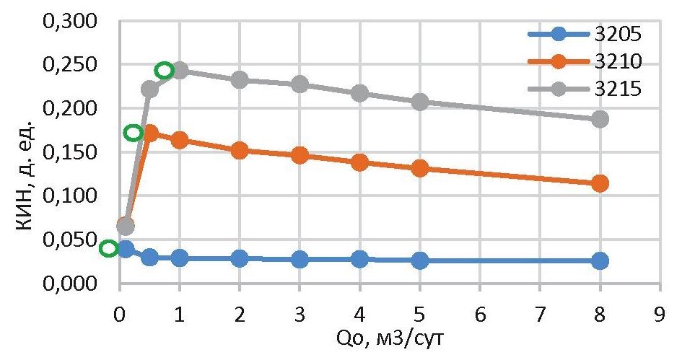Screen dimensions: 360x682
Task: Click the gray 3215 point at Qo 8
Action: (599, 119)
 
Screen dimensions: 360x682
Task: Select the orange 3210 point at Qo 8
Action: (599, 183)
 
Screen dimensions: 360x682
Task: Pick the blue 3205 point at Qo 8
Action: (599, 260)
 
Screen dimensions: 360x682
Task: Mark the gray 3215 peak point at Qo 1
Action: (180, 71)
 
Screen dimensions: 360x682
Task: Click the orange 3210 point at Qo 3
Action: (300, 155)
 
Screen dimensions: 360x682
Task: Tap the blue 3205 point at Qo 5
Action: (419, 260)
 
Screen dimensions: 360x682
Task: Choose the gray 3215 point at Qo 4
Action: (359, 93)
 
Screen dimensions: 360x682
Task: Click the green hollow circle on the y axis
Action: (109, 248)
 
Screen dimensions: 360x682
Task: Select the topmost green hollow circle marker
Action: (165, 70)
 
